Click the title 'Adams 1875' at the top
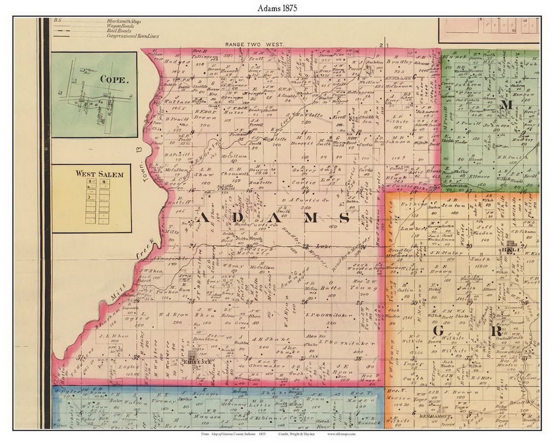(x=277, y=8)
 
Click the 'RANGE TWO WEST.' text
(x=254, y=45)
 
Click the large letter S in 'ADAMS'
(x=344, y=218)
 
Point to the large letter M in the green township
(x=507, y=105)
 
